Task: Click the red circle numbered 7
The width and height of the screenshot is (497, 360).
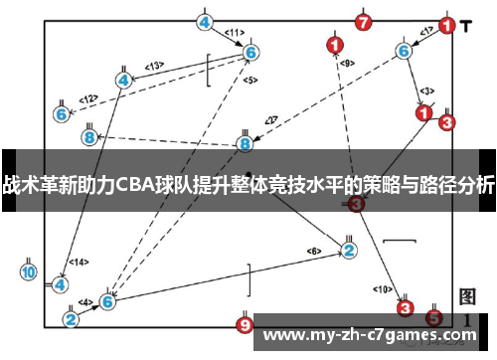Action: click(363, 22)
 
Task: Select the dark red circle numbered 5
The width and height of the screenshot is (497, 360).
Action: click(432, 317)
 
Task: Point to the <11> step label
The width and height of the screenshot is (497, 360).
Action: click(234, 33)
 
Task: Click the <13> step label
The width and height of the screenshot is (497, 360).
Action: click(154, 67)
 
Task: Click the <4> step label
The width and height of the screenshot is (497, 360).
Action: click(85, 301)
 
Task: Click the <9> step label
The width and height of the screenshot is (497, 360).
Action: click(347, 64)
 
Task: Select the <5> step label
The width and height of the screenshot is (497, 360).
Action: click(249, 80)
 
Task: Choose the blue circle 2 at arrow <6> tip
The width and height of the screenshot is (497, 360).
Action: click(349, 250)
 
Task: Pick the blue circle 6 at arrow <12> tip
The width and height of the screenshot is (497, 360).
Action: click(61, 114)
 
